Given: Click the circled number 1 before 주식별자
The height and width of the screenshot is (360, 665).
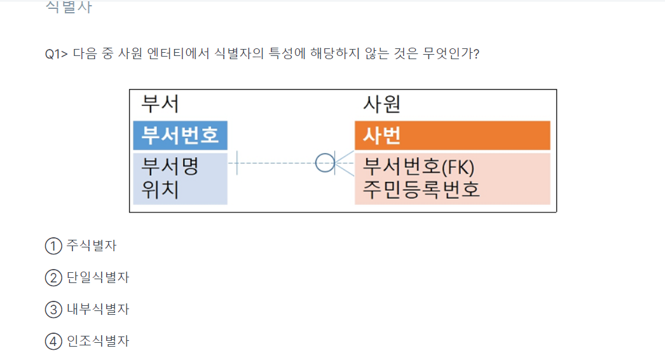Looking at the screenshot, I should (53, 246).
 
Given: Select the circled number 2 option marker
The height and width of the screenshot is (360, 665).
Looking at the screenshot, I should (53, 277).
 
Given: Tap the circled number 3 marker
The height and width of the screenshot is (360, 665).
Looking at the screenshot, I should (53, 310).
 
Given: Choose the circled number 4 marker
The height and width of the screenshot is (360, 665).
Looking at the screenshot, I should (53, 342).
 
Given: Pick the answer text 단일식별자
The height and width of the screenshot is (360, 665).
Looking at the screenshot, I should (98, 277).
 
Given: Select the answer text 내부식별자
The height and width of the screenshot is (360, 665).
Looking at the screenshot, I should (98, 310).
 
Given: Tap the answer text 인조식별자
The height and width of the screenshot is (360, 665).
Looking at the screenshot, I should (98, 342).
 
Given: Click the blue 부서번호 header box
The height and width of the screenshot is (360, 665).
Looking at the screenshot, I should (180, 135).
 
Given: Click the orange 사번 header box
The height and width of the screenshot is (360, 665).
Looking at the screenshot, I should (452, 135).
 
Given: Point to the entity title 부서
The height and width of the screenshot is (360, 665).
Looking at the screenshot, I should (160, 104).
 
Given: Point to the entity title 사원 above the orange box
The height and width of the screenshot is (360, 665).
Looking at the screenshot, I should (381, 104).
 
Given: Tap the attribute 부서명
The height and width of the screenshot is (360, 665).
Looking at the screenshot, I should (170, 167).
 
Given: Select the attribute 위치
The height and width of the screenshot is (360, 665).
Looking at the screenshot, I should (160, 190).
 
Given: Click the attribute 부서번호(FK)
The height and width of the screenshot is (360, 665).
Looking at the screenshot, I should (419, 167).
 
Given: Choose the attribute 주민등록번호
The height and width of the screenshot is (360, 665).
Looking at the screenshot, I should (422, 190).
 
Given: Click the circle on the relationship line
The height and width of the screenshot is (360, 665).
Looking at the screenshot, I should (325, 163).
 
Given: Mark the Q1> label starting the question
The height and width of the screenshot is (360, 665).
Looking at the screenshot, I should (56, 54).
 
